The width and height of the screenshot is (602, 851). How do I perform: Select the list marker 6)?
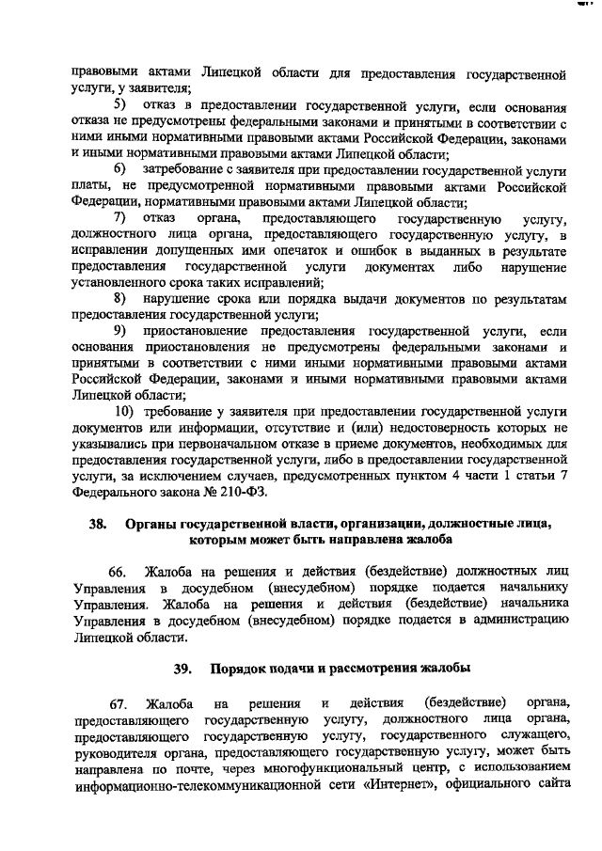120,169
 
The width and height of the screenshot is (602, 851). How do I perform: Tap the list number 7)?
120,219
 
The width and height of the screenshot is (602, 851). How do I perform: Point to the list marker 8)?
120,298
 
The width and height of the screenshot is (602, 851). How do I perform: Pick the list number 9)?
120,332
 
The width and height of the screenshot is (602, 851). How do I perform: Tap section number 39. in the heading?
182,669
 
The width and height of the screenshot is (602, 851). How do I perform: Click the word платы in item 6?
88,186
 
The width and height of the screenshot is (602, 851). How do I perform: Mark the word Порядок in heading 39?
237,669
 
